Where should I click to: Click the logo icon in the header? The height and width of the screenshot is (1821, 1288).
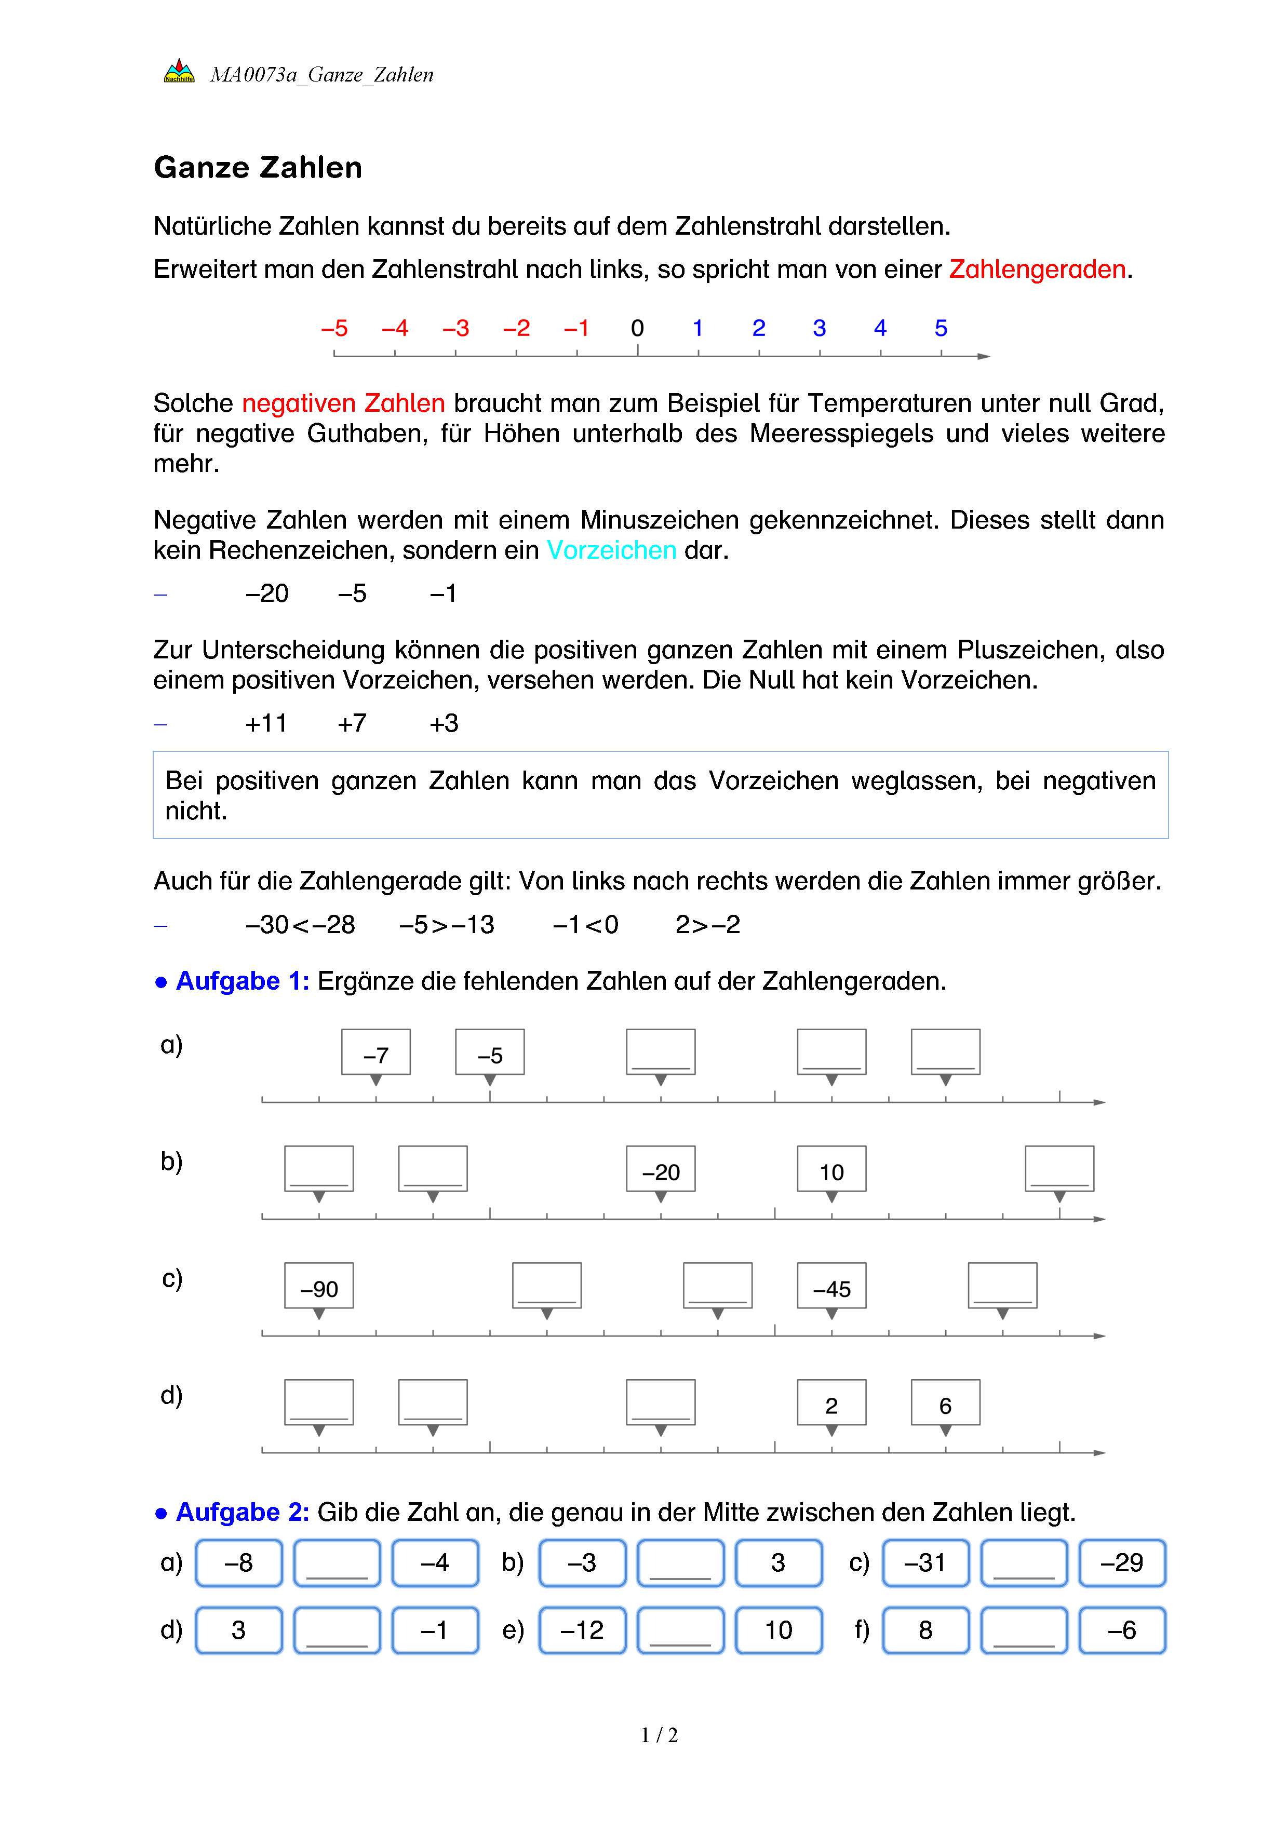(x=179, y=72)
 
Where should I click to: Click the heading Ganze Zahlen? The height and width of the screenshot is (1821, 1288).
(x=258, y=168)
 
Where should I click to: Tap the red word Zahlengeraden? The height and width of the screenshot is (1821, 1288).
(x=1037, y=269)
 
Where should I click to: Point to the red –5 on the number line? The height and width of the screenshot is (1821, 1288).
(x=334, y=328)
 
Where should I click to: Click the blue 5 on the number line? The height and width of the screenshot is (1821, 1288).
(x=941, y=328)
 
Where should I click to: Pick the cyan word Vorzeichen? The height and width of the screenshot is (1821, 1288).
(x=611, y=550)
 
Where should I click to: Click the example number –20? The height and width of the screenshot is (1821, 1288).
(x=267, y=593)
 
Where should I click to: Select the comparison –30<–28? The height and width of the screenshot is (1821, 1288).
(x=300, y=925)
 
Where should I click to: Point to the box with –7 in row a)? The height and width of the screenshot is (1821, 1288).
(x=376, y=1053)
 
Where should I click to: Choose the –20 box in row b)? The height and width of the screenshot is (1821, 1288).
(x=661, y=1169)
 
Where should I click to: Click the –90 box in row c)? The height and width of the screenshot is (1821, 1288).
(x=319, y=1286)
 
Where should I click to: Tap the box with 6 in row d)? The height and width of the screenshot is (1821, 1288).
(x=945, y=1403)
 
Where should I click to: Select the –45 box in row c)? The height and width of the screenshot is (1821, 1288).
(x=831, y=1286)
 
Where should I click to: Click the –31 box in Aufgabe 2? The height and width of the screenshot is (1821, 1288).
(x=925, y=1563)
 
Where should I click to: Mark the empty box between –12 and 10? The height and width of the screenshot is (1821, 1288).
(x=680, y=1630)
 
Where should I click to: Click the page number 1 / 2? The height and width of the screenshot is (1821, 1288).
(x=659, y=1735)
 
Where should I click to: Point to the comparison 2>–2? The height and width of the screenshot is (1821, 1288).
(x=707, y=925)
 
